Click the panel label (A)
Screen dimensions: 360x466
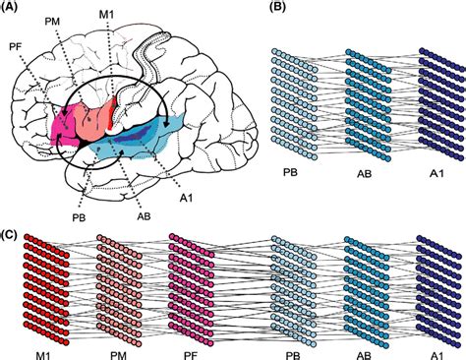(x=13, y=9)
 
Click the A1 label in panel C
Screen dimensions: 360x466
(x=434, y=348)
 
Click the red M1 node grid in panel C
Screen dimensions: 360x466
(x=44, y=285)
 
